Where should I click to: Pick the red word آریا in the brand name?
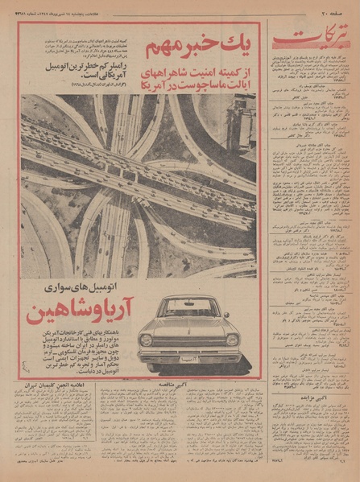tap(112, 310)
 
